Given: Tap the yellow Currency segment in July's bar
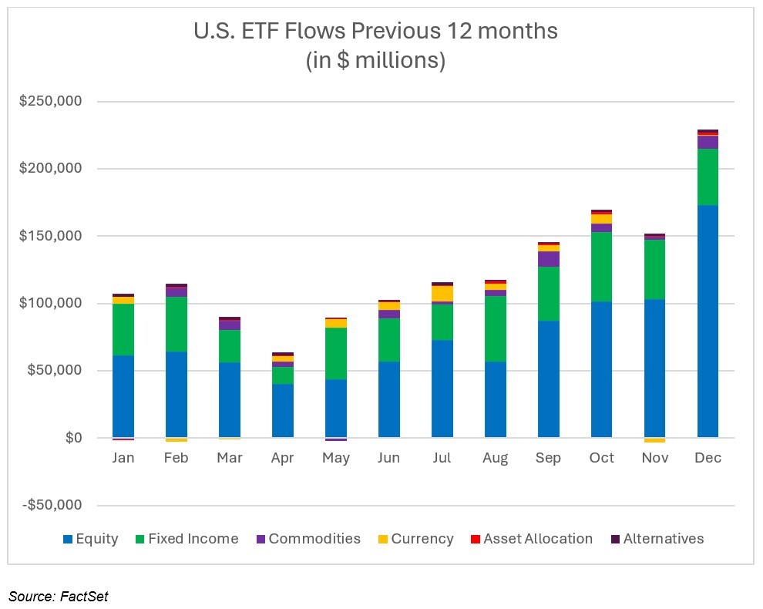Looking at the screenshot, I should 442,293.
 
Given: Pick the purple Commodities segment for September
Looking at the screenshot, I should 549,259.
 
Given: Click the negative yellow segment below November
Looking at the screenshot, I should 654,440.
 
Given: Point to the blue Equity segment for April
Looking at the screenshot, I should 282,411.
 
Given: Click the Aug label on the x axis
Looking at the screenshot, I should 495,458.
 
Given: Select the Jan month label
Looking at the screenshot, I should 123,458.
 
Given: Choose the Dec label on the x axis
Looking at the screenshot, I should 708,458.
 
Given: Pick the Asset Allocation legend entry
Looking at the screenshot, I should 537,539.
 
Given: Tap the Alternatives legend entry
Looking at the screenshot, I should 663,539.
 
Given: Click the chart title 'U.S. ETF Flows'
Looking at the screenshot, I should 376,32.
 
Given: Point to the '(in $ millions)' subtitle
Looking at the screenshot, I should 376,60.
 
